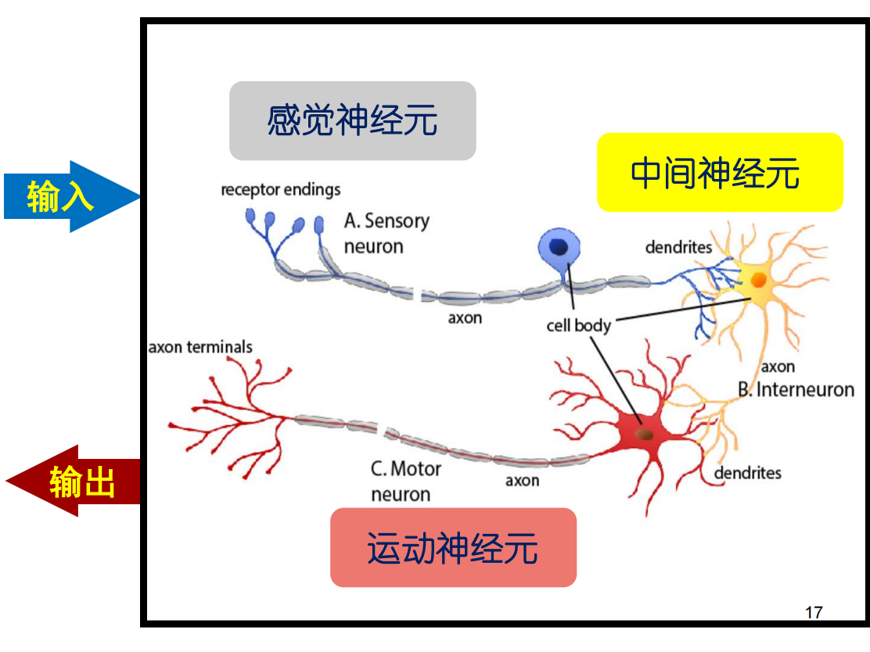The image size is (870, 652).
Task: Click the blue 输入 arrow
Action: click(x=67, y=196)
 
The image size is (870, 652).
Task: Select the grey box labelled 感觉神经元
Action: click(x=352, y=121)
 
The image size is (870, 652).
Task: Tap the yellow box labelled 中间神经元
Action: click(x=720, y=172)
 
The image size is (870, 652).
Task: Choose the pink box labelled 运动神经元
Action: click(x=453, y=547)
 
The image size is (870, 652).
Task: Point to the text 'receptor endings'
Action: click(x=281, y=189)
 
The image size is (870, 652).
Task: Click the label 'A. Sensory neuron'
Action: click(x=386, y=233)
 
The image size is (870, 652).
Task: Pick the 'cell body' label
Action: click(x=578, y=325)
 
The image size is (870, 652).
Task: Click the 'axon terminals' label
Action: click(x=200, y=346)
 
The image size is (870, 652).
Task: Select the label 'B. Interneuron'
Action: click(x=796, y=389)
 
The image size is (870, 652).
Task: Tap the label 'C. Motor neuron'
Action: click(x=405, y=481)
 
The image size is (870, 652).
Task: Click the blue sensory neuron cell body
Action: click(x=559, y=249)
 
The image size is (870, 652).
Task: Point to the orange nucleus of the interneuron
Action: click(x=758, y=279)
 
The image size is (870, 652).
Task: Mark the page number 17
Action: click(x=814, y=611)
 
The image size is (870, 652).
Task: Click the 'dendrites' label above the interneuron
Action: click(x=678, y=247)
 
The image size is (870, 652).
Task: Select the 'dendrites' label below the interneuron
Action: click(x=747, y=472)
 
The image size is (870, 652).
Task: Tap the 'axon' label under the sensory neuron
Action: click(x=465, y=318)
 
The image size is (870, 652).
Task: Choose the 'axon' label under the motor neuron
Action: click(x=522, y=480)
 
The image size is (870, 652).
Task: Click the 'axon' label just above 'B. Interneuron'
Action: click(x=778, y=366)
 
